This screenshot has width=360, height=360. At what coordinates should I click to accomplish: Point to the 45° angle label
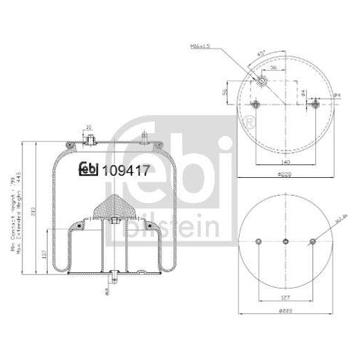click(262, 53)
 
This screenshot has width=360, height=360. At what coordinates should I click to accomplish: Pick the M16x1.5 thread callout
click(200, 48)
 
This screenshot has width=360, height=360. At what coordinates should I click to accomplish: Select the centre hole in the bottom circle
click(285, 241)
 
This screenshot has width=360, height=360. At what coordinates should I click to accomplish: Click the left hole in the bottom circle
click(258, 241)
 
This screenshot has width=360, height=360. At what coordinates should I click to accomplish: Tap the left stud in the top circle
click(253, 105)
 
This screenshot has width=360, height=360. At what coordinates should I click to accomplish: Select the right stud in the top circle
click(315, 105)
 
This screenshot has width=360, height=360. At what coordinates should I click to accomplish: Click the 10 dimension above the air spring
click(89, 128)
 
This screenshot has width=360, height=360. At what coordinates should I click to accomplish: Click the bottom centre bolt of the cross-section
click(114, 276)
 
